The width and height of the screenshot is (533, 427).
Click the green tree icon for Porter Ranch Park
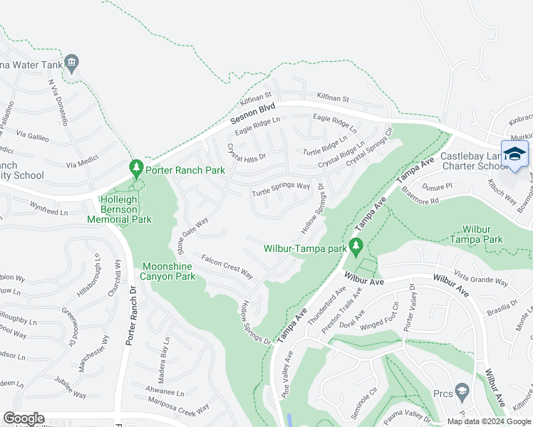(x=136, y=169)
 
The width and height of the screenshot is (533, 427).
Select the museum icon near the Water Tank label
(x=71, y=65)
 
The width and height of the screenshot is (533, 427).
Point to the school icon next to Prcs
(x=462, y=391)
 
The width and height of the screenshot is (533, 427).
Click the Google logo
(x=24, y=418)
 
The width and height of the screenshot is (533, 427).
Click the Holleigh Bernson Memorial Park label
(x=120, y=210)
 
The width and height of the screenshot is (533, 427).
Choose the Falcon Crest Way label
(x=227, y=267)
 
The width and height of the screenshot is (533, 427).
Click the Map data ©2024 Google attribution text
(x=488, y=421)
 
